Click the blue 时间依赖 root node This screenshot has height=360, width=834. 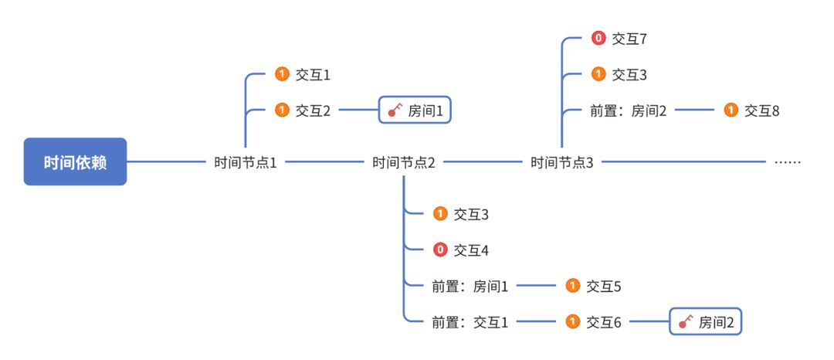point(75,162)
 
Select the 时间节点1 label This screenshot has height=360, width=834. point(246,163)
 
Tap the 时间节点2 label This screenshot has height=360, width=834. point(404,163)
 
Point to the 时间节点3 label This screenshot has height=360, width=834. point(562,163)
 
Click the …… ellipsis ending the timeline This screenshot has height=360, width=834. point(787,163)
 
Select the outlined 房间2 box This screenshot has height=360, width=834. point(705,322)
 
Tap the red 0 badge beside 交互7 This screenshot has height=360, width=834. point(598,37)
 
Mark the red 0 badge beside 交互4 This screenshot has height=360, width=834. point(440,250)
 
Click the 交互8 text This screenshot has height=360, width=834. point(761,111)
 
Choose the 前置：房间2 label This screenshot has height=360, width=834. point(628,111)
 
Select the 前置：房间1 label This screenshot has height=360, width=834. point(470,287)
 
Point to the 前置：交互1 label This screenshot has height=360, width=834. point(470,322)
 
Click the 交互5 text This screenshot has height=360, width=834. point(603,287)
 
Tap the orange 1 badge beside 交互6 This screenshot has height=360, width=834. point(572,322)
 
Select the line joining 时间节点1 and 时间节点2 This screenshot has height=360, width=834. point(324,162)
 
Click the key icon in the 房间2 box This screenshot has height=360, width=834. point(685,322)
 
